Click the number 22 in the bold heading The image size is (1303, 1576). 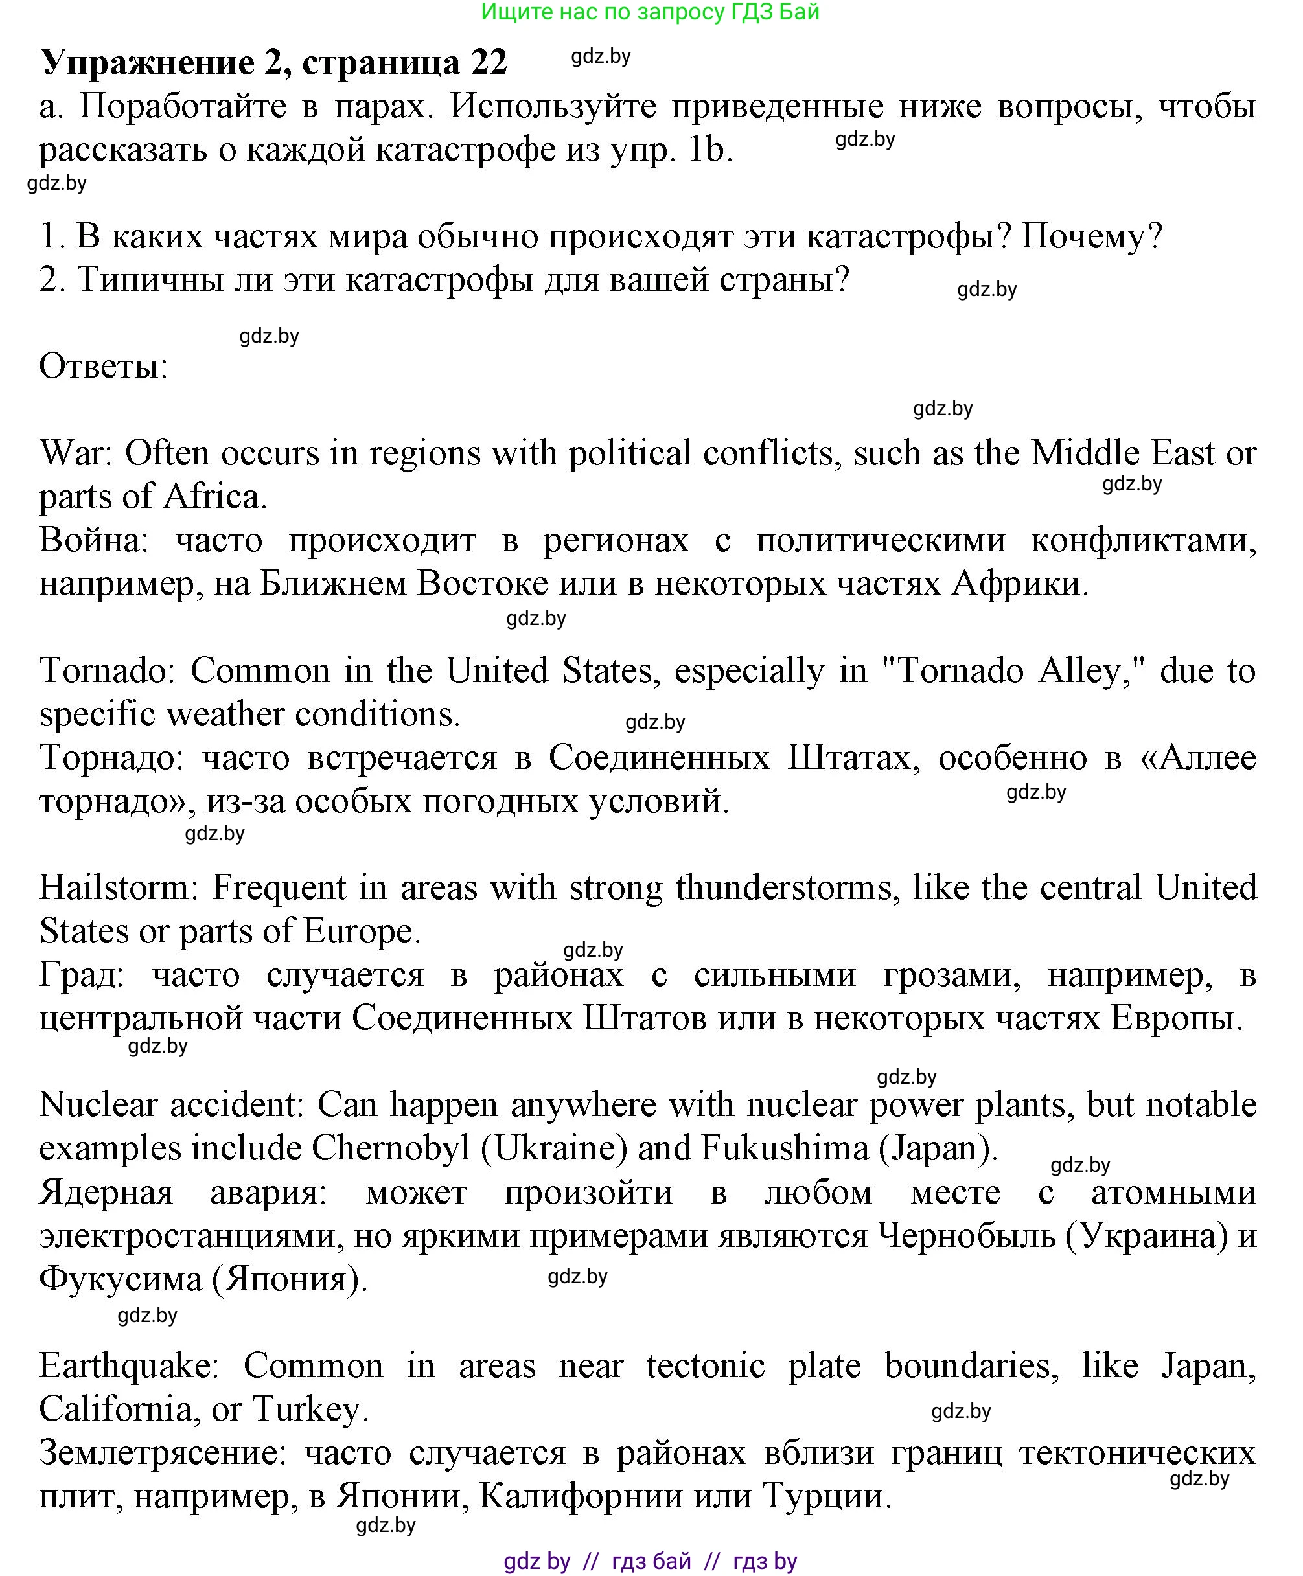(489, 62)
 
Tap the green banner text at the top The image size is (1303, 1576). (650, 12)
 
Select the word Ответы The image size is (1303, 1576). (103, 367)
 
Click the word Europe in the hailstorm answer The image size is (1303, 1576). (361, 931)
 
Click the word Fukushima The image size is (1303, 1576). (785, 1148)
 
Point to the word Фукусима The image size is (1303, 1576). (120, 1279)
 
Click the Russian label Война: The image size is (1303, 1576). (95, 540)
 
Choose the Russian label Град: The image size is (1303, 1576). (81, 975)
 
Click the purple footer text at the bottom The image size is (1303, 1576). (650, 1561)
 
